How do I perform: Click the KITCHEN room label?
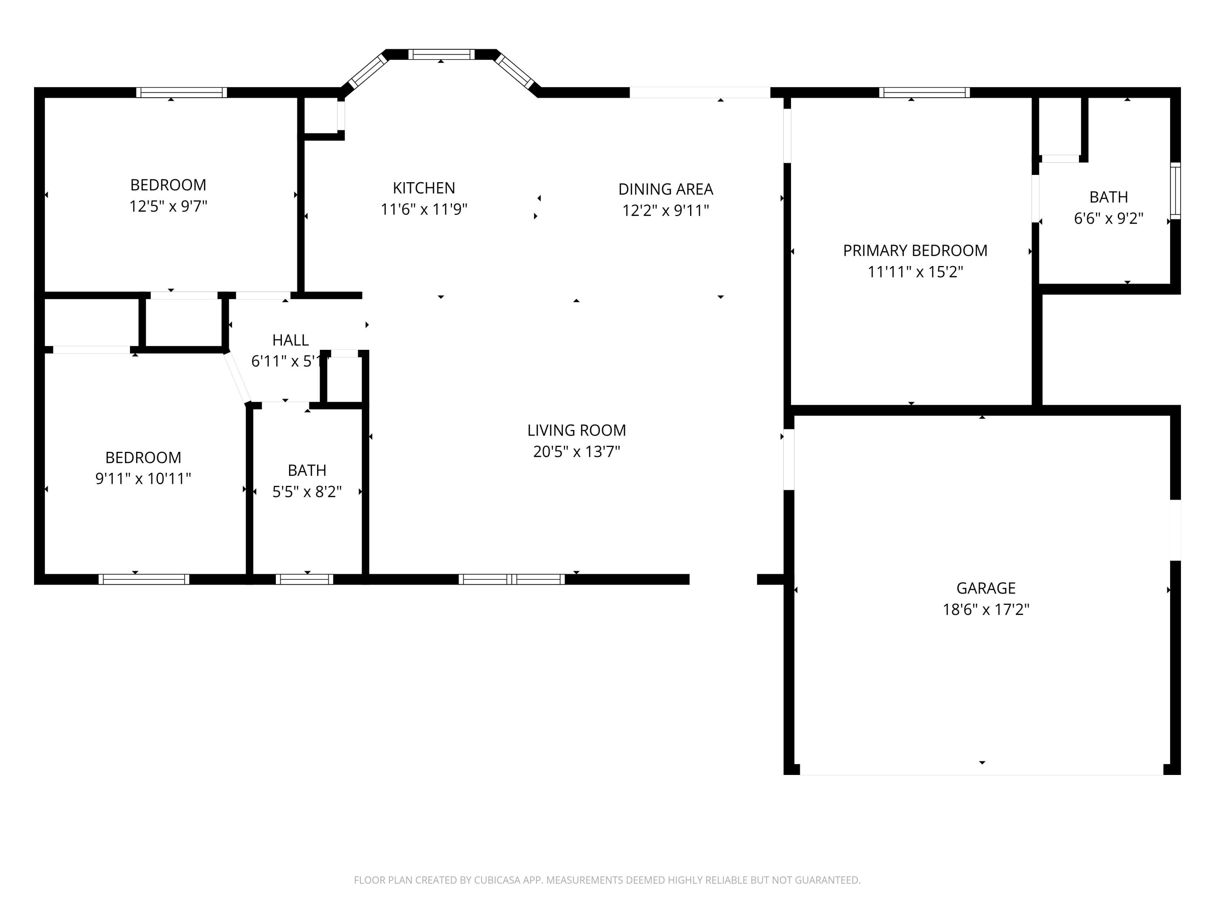click(x=424, y=188)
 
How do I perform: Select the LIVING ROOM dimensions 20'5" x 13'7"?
click(x=576, y=451)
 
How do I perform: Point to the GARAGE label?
click(x=985, y=588)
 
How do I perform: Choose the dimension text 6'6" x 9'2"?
click(x=1108, y=219)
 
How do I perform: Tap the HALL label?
click(x=290, y=340)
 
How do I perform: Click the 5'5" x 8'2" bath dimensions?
click(x=307, y=492)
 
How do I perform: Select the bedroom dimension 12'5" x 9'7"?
click(x=168, y=206)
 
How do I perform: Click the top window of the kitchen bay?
click(x=441, y=54)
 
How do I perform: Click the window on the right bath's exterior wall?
click(x=1175, y=191)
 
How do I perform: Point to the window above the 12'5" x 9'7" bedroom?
click(x=181, y=92)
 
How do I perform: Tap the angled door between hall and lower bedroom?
click(x=237, y=377)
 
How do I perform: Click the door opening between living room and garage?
click(x=789, y=459)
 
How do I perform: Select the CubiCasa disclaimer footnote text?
click(x=607, y=880)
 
